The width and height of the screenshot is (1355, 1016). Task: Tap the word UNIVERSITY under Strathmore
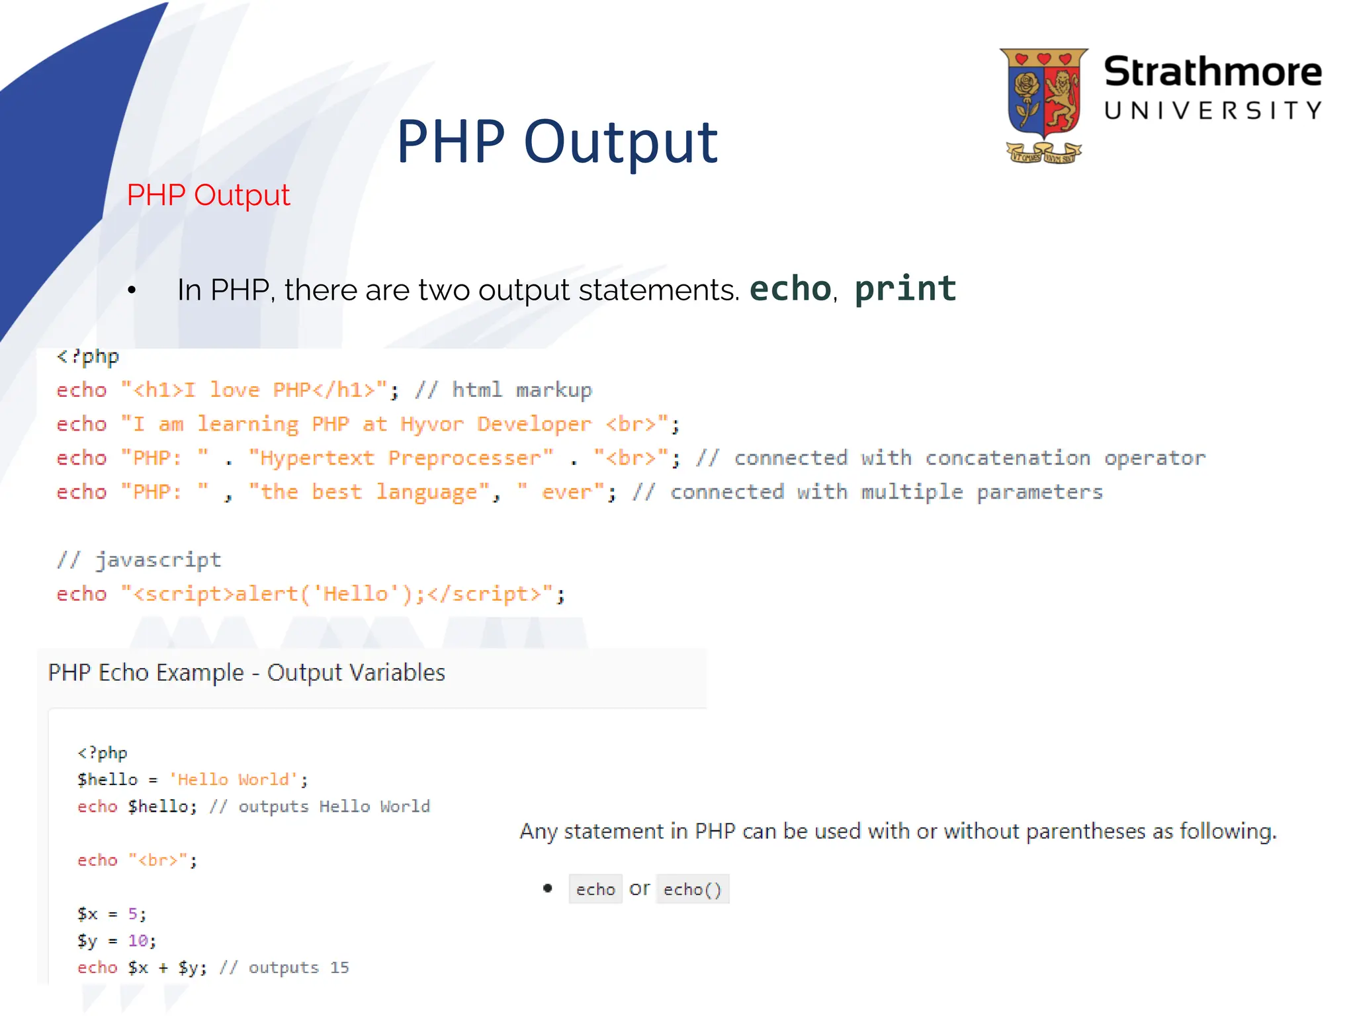point(1212,110)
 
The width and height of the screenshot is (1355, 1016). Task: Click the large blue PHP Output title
point(556,142)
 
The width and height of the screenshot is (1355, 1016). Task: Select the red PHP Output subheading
point(208,195)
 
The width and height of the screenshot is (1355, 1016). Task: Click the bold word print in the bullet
point(904,289)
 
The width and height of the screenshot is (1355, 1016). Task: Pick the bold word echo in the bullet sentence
point(789,289)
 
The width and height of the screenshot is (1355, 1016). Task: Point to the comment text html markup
point(521,390)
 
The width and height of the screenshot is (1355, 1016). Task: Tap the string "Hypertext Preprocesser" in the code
point(400,458)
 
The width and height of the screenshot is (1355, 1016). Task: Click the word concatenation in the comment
point(1007,458)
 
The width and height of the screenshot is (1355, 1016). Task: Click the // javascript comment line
point(139,560)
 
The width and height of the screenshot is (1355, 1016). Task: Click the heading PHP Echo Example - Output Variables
point(246,673)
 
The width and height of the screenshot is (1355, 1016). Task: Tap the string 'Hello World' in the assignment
point(234,780)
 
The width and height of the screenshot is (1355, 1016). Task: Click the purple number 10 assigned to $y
point(138,941)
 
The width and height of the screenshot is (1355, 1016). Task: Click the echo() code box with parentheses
point(692,890)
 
